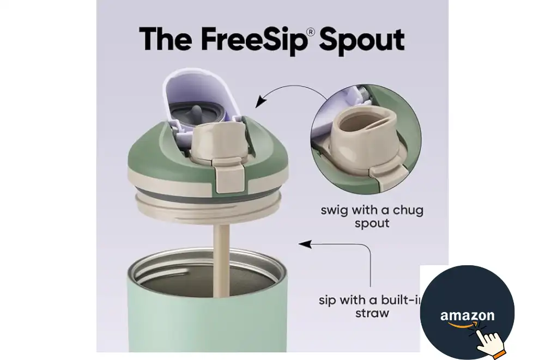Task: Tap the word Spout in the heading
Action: (362, 41)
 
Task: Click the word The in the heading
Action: (166, 39)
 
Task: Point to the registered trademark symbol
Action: (311, 32)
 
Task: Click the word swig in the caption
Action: (335, 211)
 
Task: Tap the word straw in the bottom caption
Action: (372, 313)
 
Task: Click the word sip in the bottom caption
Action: (327, 301)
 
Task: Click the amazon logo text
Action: (467, 315)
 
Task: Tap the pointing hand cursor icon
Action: (488, 341)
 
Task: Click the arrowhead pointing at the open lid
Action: (260, 102)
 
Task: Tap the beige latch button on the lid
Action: (229, 175)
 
